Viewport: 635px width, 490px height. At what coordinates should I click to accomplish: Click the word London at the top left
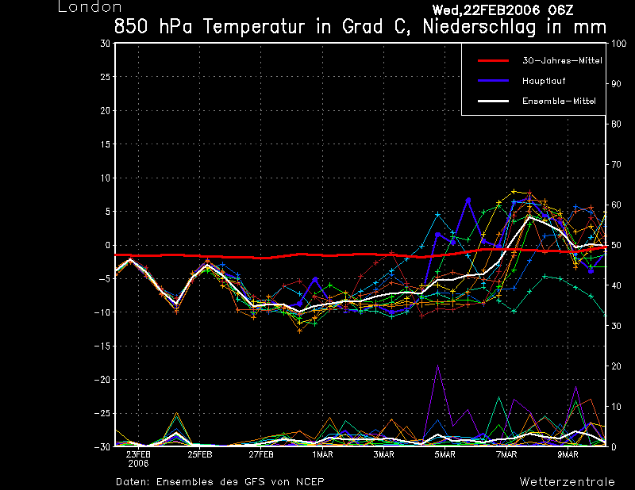pos(90,7)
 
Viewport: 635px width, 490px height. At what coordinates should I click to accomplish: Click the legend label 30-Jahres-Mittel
pos(562,61)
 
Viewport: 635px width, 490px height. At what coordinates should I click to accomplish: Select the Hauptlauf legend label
pos(544,81)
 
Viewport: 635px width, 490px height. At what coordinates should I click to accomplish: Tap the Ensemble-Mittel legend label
pos(559,101)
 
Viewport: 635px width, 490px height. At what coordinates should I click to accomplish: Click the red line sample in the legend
pos(493,61)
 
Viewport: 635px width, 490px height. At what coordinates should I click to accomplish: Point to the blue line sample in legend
pos(493,81)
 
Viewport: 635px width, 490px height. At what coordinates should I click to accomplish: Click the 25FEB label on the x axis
pos(200,454)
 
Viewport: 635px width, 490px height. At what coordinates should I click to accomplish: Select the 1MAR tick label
pos(322,454)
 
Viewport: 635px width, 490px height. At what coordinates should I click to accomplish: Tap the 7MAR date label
pos(506,454)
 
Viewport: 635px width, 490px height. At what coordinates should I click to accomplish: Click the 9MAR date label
pos(568,454)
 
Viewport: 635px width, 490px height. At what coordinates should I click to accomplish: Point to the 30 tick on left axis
pos(106,44)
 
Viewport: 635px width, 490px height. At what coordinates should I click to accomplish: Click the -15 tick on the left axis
pos(102,346)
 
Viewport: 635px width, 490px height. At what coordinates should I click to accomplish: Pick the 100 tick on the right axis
pos(619,44)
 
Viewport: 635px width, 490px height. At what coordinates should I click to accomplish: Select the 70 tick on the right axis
pos(616,165)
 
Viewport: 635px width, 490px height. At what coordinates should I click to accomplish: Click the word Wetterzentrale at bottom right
pos(567,482)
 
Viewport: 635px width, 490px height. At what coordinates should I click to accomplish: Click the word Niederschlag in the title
pos(479,27)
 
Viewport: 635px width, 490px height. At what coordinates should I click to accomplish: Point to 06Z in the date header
pos(561,10)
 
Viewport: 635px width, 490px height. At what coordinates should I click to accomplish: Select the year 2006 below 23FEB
pos(138,464)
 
